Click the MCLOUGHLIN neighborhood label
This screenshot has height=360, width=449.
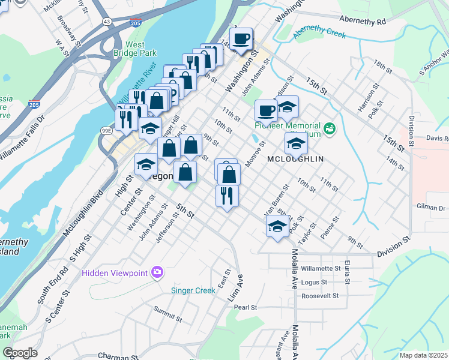[295, 159]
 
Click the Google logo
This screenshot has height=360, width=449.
[20, 353]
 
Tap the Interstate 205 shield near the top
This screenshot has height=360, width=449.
[135, 23]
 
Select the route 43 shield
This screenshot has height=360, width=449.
[106, 21]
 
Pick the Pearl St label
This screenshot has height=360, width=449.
[246, 307]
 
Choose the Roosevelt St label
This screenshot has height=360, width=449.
[320, 296]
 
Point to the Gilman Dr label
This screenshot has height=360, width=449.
[433, 208]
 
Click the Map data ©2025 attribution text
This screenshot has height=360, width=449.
[424, 355]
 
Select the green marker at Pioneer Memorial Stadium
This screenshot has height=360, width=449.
[329, 128]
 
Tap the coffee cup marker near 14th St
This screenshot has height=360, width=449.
[241, 40]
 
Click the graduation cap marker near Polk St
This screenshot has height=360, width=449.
[277, 227]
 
